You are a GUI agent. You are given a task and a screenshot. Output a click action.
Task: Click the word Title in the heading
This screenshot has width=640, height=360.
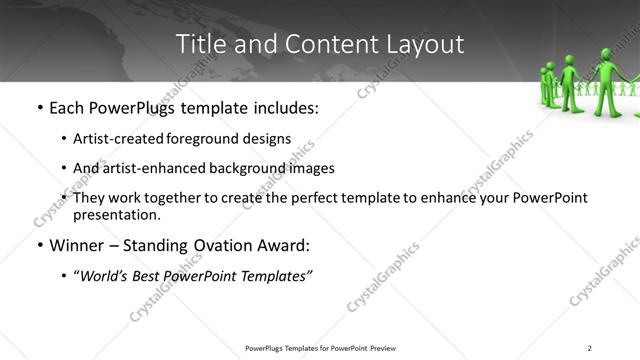pyautogui.click(x=199, y=44)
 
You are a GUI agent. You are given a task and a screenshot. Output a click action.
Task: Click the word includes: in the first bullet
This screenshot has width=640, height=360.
pyautogui.click(x=284, y=106)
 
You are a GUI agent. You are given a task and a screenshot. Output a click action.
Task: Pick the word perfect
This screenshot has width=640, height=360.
pyautogui.click(x=318, y=198)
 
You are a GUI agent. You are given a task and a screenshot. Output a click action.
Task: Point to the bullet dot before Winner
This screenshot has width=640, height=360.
pyautogui.click(x=39, y=245)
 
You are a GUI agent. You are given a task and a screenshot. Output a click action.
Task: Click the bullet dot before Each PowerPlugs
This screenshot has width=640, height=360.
pyautogui.click(x=39, y=106)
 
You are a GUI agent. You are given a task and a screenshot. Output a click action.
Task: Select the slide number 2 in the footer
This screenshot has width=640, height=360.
pyautogui.click(x=590, y=347)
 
